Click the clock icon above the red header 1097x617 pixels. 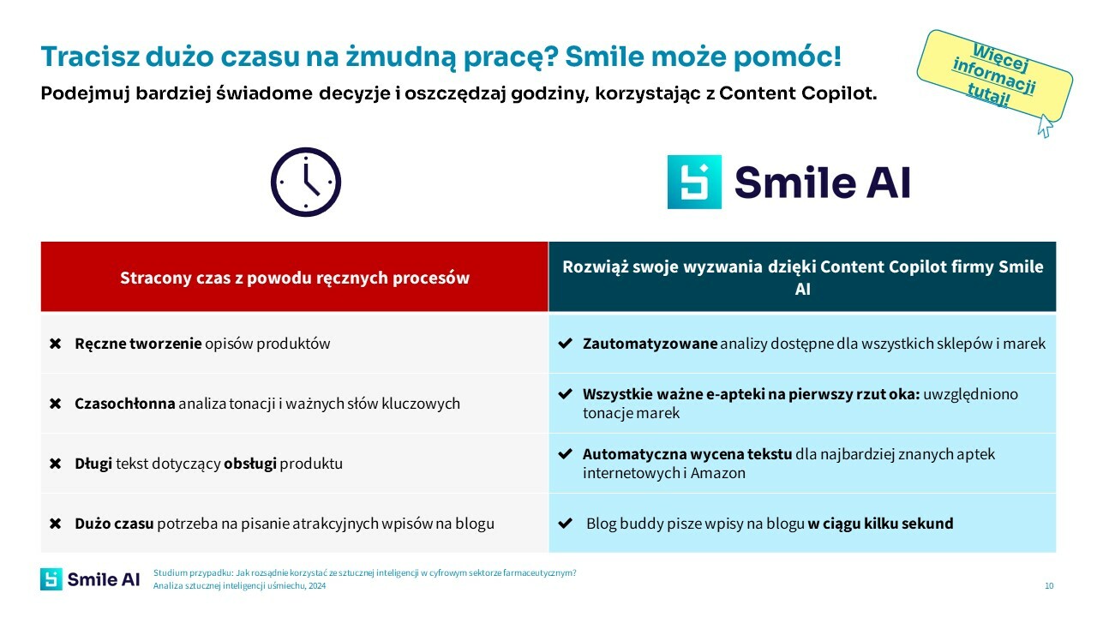[x=306, y=182]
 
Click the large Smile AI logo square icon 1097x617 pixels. [x=694, y=182]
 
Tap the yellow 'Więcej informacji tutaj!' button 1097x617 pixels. [x=994, y=75]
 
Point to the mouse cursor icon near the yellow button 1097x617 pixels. [x=1045, y=126]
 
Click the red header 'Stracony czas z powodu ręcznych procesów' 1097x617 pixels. [x=294, y=278]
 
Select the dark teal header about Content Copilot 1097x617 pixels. [x=802, y=278]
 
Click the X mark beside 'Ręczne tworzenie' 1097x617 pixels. [x=56, y=344]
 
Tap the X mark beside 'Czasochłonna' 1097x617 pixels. [x=56, y=404]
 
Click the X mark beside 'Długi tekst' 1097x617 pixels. [x=56, y=464]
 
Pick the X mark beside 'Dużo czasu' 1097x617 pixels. [x=56, y=524]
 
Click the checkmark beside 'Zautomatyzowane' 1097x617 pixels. [x=565, y=344]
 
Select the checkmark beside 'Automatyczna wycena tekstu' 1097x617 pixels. [x=565, y=454]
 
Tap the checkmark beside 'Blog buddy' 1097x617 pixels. [x=565, y=524]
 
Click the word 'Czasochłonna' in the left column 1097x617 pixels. [x=124, y=404]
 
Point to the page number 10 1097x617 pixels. [x=1049, y=586]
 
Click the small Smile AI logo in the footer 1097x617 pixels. [x=90, y=579]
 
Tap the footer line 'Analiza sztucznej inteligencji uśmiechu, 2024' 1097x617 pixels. [x=239, y=586]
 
